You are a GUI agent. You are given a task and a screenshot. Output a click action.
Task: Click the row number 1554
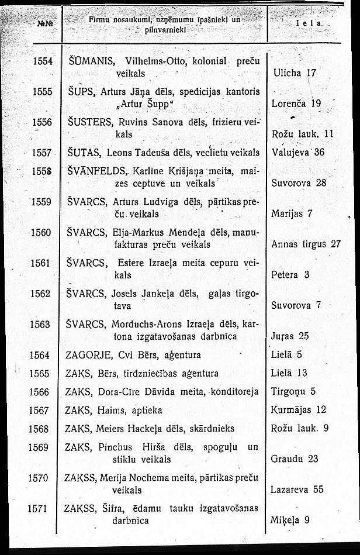pyautogui.click(x=42, y=60)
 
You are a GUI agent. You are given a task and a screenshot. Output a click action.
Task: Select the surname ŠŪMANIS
pyautogui.click(x=86, y=60)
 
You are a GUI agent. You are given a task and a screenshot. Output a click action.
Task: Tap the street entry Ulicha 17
pyautogui.click(x=295, y=73)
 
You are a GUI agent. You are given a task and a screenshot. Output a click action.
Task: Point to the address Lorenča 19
pyautogui.click(x=297, y=104)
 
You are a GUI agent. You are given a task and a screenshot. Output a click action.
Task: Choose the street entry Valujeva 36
pyautogui.click(x=297, y=153)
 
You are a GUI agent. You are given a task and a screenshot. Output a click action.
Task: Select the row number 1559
pyautogui.click(x=41, y=202)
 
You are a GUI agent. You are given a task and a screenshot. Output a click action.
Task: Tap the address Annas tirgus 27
pyautogui.click(x=306, y=244)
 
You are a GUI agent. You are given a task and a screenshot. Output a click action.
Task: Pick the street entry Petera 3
pyautogui.click(x=290, y=274)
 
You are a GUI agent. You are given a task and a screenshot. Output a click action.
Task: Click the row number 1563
pyautogui.click(x=41, y=324)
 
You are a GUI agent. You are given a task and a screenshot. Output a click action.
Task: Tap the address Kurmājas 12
pyautogui.click(x=299, y=409)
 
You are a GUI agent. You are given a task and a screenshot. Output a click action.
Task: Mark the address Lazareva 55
pyautogui.click(x=297, y=489)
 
